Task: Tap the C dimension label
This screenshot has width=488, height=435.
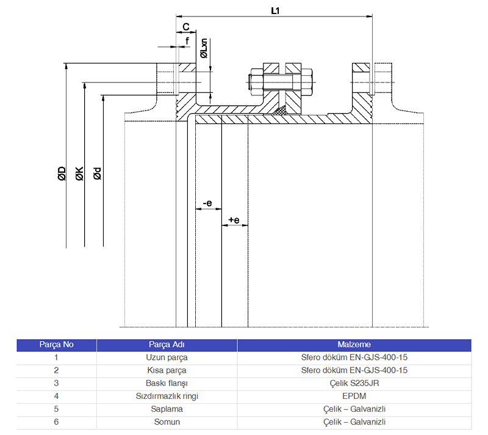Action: click(x=187, y=27)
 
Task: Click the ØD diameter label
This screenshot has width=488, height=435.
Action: click(x=62, y=174)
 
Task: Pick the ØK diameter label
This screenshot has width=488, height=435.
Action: click(x=79, y=174)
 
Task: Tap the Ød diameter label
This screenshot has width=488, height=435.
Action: click(x=98, y=174)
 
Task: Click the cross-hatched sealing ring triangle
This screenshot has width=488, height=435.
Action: click(x=281, y=111)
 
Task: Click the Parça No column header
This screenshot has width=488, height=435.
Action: click(x=56, y=345)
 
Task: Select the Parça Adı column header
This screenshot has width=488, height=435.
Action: click(x=167, y=345)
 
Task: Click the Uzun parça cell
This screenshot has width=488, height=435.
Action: click(x=167, y=357)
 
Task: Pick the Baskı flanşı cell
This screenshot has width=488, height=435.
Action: click(x=167, y=383)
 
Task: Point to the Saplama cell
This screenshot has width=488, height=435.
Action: click(x=167, y=409)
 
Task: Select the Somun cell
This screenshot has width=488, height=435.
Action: click(x=167, y=422)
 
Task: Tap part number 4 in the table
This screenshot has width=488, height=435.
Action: click(x=56, y=396)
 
